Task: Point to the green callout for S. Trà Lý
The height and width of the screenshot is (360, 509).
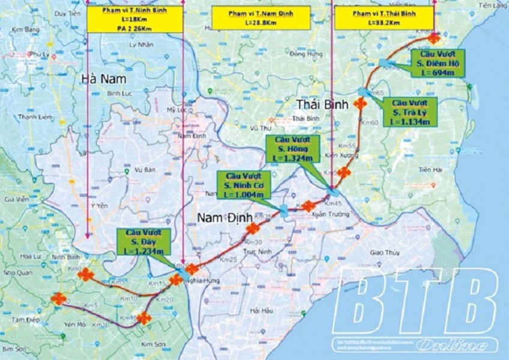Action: point(411,112)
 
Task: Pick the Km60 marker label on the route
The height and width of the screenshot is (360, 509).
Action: point(370,123)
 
